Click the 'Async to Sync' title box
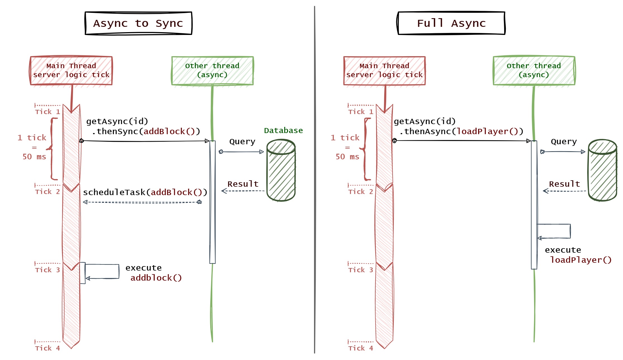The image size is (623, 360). click(x=138, y=23)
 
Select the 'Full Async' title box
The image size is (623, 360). click(x=451, y=23)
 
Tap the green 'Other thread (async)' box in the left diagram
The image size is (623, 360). click(x=212, y=70)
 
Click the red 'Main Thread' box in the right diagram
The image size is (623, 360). click(x=384, y=70)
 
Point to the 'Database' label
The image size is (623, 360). click(x=283, y=131)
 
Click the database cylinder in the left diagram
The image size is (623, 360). click(x=281, y=170)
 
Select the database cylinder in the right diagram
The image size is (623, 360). click(x=603, y=170)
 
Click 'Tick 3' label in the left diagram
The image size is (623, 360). click(x=48, y=270)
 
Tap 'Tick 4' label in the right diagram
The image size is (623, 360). click(x=361, y=348)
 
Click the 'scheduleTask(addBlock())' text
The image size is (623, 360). click(x=145, y=192)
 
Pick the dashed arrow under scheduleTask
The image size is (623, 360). click(x=142, y=202)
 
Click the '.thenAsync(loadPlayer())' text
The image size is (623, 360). click(x=461, y=131)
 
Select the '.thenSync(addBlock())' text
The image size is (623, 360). click(x=146, y=131)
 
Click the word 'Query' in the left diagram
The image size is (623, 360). click(x=242, y=142)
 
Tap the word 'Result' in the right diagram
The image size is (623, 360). click(x=564, y=184)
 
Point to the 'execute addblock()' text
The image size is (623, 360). click(x=153, y=273)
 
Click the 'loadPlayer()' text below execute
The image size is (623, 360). click(x=581, y=260)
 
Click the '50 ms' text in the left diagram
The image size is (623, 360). click(x=34, y=157)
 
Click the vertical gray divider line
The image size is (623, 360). click(x=315, y=179)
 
